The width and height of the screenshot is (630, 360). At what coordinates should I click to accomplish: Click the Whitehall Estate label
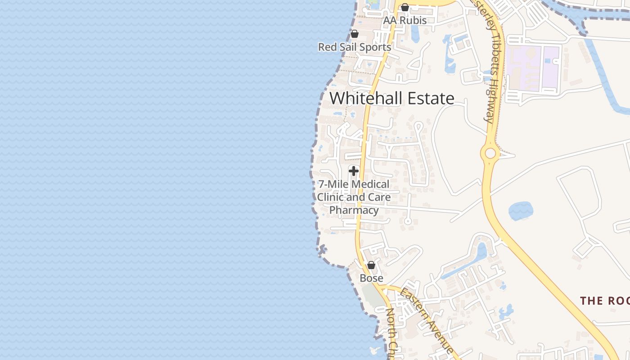click(392, 98)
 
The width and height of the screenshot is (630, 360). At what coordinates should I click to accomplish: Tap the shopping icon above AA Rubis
click(405, 7)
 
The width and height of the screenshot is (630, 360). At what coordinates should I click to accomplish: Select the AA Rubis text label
click(405, 20)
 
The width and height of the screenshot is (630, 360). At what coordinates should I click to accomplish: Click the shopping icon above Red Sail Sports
click(355, 34)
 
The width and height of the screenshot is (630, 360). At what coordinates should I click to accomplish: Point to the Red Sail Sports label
click(355, 47)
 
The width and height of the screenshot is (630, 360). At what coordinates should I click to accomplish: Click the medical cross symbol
click(354, 171)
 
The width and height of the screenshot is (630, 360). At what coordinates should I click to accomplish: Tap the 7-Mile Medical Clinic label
click(354, 184)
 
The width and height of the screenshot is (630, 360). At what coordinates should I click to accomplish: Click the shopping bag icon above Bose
click(371, 265)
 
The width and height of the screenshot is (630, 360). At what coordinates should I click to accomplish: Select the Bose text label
click(371, 278)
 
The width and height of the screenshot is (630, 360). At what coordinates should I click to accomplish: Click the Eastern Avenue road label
click(427, 320)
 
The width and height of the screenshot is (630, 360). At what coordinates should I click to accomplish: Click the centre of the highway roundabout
click(490, 153)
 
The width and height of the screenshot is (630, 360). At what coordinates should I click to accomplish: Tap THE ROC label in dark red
click(604, 301)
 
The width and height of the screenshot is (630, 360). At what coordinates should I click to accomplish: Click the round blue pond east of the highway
click(521, 211)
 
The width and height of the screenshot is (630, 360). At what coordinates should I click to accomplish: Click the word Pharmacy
click(354, 210)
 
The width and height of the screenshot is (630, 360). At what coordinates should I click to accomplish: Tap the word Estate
click(430, 98)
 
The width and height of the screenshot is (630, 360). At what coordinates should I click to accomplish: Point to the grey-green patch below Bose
click(371, 295)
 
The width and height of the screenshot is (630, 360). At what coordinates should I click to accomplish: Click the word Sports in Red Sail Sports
click(375, 47)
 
